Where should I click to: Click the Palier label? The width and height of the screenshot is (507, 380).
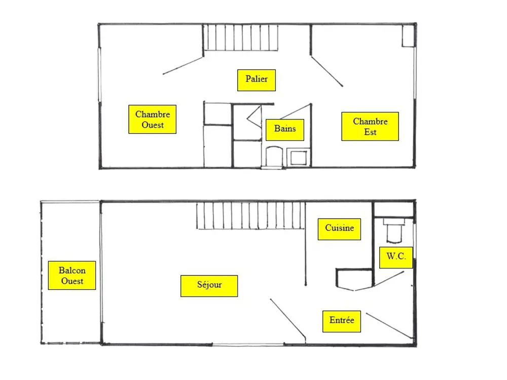tap(257, 80)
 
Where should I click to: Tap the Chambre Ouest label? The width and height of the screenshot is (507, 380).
tap(152, 119)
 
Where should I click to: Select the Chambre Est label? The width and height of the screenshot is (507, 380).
tap(370, 126)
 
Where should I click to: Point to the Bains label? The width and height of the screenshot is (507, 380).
tap(285, 130)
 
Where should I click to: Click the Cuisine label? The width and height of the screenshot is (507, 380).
tap(339, 229)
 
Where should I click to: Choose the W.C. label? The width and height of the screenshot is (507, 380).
tap(396, 257)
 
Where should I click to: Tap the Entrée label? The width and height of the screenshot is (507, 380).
tap(341, 322)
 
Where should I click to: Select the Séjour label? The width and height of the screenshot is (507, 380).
tap(209, 286)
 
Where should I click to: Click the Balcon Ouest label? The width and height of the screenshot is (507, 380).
tap(72, 275)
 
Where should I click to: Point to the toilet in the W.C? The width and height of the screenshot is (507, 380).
tap(394, 231)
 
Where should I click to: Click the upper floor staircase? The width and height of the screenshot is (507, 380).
tap(240, 37)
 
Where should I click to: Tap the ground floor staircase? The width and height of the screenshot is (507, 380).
tap(250, 215)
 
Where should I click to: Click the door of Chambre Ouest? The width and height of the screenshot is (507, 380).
tap(183, 65)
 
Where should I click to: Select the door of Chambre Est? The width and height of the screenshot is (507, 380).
tap(327, 72)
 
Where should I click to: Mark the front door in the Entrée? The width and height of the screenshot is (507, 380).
tap(389, 326)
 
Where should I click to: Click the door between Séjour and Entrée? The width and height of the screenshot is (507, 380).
tap(288, 319)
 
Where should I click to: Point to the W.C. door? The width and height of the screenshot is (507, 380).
tap(389, 279)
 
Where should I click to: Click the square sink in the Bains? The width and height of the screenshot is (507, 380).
tap(298, 158)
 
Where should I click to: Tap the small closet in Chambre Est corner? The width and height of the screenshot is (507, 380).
tap(408, 36)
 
